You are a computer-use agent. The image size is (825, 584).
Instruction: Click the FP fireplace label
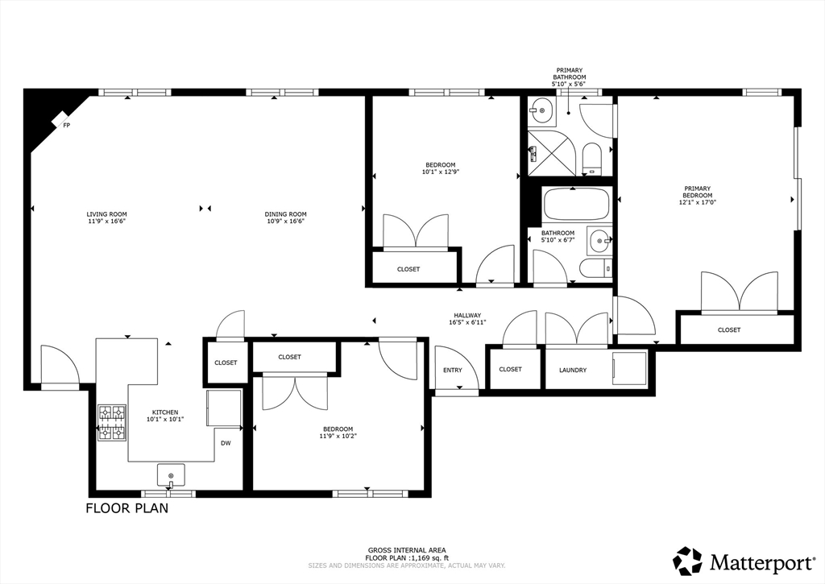(x=67, y=126)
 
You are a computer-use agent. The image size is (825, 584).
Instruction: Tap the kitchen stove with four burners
(x=112, y=422)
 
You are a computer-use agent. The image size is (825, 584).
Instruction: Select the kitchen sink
(x=171, y=475)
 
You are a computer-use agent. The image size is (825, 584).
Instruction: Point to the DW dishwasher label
(x=226, y=443)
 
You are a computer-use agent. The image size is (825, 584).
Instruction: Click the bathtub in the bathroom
(x=576, y=204)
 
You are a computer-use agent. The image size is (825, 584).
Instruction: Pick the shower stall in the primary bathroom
(x=552, y=152)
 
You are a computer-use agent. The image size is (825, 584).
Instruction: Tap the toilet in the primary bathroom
(x=592, y=159)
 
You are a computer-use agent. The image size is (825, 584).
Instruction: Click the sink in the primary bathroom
(x=542, y=110)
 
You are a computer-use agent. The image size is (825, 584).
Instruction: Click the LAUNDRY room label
(x=573, y=371)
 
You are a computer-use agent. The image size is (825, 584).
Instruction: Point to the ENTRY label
(x=453, y=371)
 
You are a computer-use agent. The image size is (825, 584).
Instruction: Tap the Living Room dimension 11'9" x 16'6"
(x=107, y=221)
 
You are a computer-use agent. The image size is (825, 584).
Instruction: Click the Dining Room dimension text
(x=286, y=221)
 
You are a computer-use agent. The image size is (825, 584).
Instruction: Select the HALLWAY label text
(x=467, y=316)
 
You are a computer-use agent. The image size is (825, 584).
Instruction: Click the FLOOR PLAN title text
(x=127, y=508)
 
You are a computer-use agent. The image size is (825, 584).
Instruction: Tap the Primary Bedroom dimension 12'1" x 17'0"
(x=698, y=202)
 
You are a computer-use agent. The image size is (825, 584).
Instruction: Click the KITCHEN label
(x=165, y=412)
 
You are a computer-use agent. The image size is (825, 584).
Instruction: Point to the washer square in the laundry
(x=629, y=368)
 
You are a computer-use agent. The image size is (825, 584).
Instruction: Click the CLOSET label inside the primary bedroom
(x=729, y=330)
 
